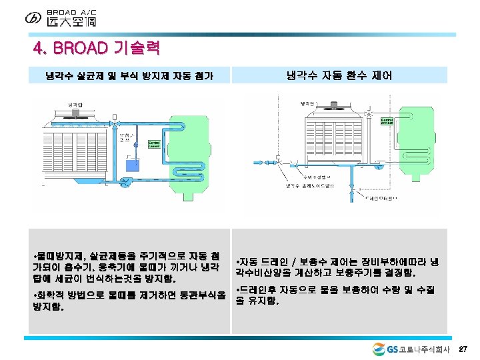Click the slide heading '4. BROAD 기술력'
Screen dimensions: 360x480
coord(97,49)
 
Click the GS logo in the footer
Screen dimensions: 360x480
coord(380,349)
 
